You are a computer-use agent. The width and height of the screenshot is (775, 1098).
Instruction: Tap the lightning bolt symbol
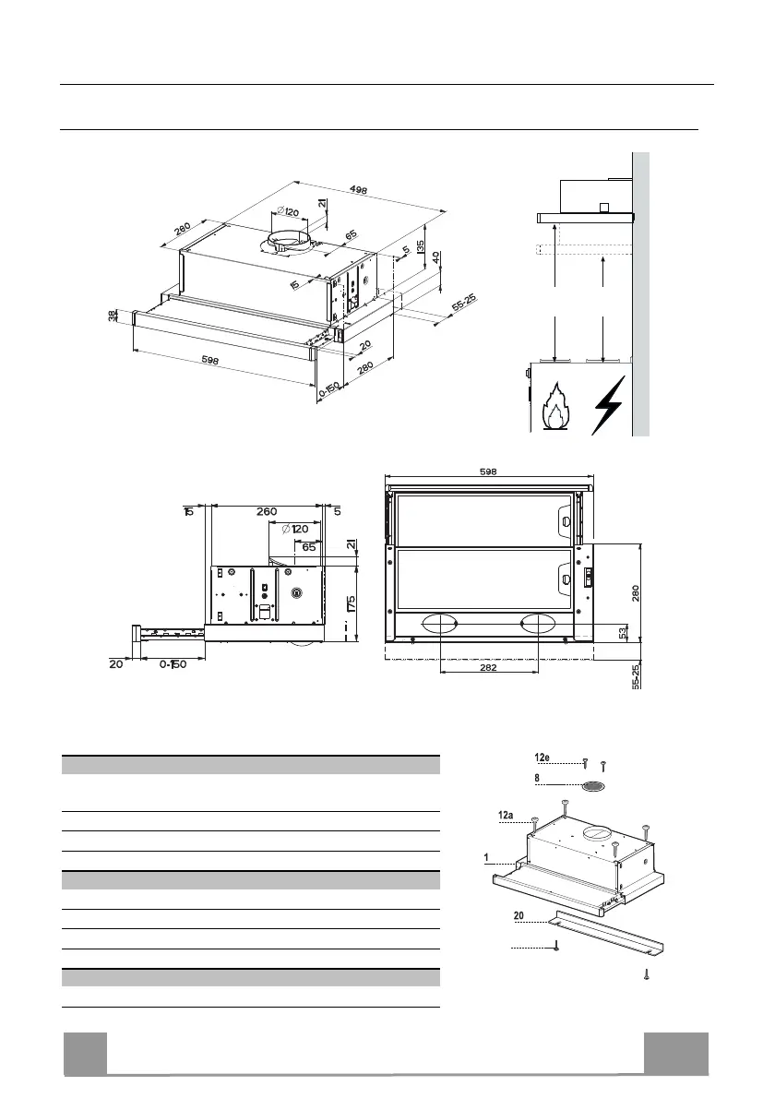pyautogui.click(x=607, y=405)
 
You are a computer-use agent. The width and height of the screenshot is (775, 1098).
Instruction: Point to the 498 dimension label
pyautogui.click(x=358, y=190)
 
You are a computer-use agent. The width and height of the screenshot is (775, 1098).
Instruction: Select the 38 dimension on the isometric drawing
pyautogui.click(x=113, y=316)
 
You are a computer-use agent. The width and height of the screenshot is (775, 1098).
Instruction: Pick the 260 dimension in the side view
pyautogui.click(x=266, y=510)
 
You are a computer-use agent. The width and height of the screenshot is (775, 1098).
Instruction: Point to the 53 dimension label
pyautogui.click(x=623, y=633)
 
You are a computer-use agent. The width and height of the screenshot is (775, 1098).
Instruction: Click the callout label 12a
pyautogui.click(x=505, y=815)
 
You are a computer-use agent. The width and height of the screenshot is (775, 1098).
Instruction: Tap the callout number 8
pyautogui.click(x=537, y=778)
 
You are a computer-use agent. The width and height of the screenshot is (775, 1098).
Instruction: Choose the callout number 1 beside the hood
pyautogui.click(x=485, y=857)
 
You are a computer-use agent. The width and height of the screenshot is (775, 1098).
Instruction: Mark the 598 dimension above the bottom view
pyautogui.click(x=489, y=471)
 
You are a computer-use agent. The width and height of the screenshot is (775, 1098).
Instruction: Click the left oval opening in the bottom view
pyautogui.click(x=439, y=624)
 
